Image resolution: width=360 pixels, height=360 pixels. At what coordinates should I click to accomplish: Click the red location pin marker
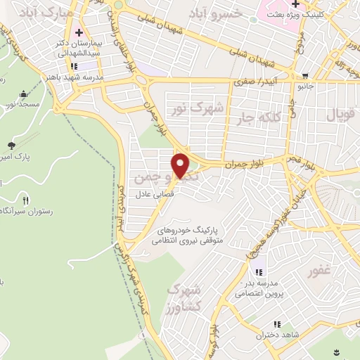pyautogui.click(x=181, y=165)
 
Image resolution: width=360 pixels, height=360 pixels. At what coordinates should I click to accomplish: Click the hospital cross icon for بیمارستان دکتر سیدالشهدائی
pyautogui.click(x=79, y=32)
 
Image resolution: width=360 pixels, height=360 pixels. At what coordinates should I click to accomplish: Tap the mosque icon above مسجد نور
pyautogui.click(x=25, y=94)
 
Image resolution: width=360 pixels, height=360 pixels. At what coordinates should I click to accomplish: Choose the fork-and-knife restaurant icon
pyautogui.click(x=25, y=181)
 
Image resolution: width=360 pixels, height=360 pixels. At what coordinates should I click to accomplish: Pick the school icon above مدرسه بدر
pyautogui.click(x=258, y=273)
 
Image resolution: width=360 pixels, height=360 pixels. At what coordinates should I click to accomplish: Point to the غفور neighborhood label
pyautogui.click(x=320, y=270)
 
